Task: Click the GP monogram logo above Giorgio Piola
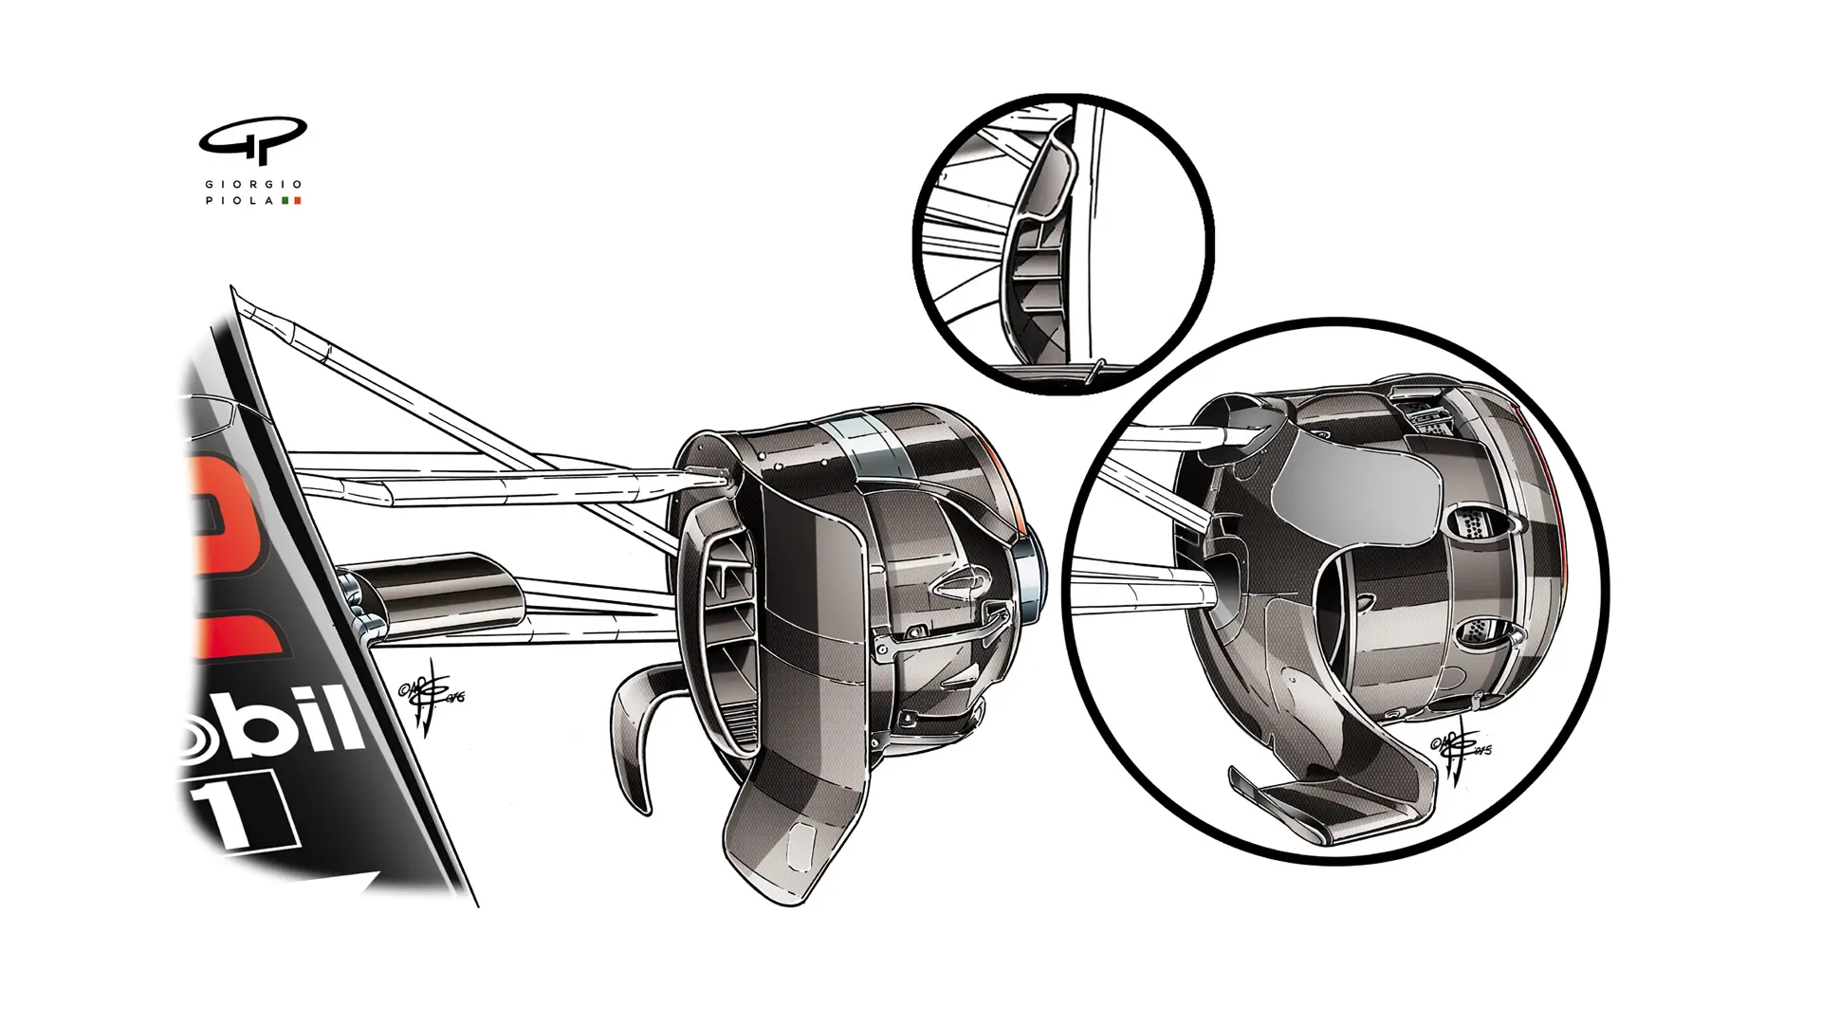(x=252, y=141)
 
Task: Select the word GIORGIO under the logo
(x=252, y=184)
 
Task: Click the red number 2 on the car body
(x=232, y=559)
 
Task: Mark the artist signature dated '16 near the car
(x=432, y=702)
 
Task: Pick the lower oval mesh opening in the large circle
(x=1480, y=631)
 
